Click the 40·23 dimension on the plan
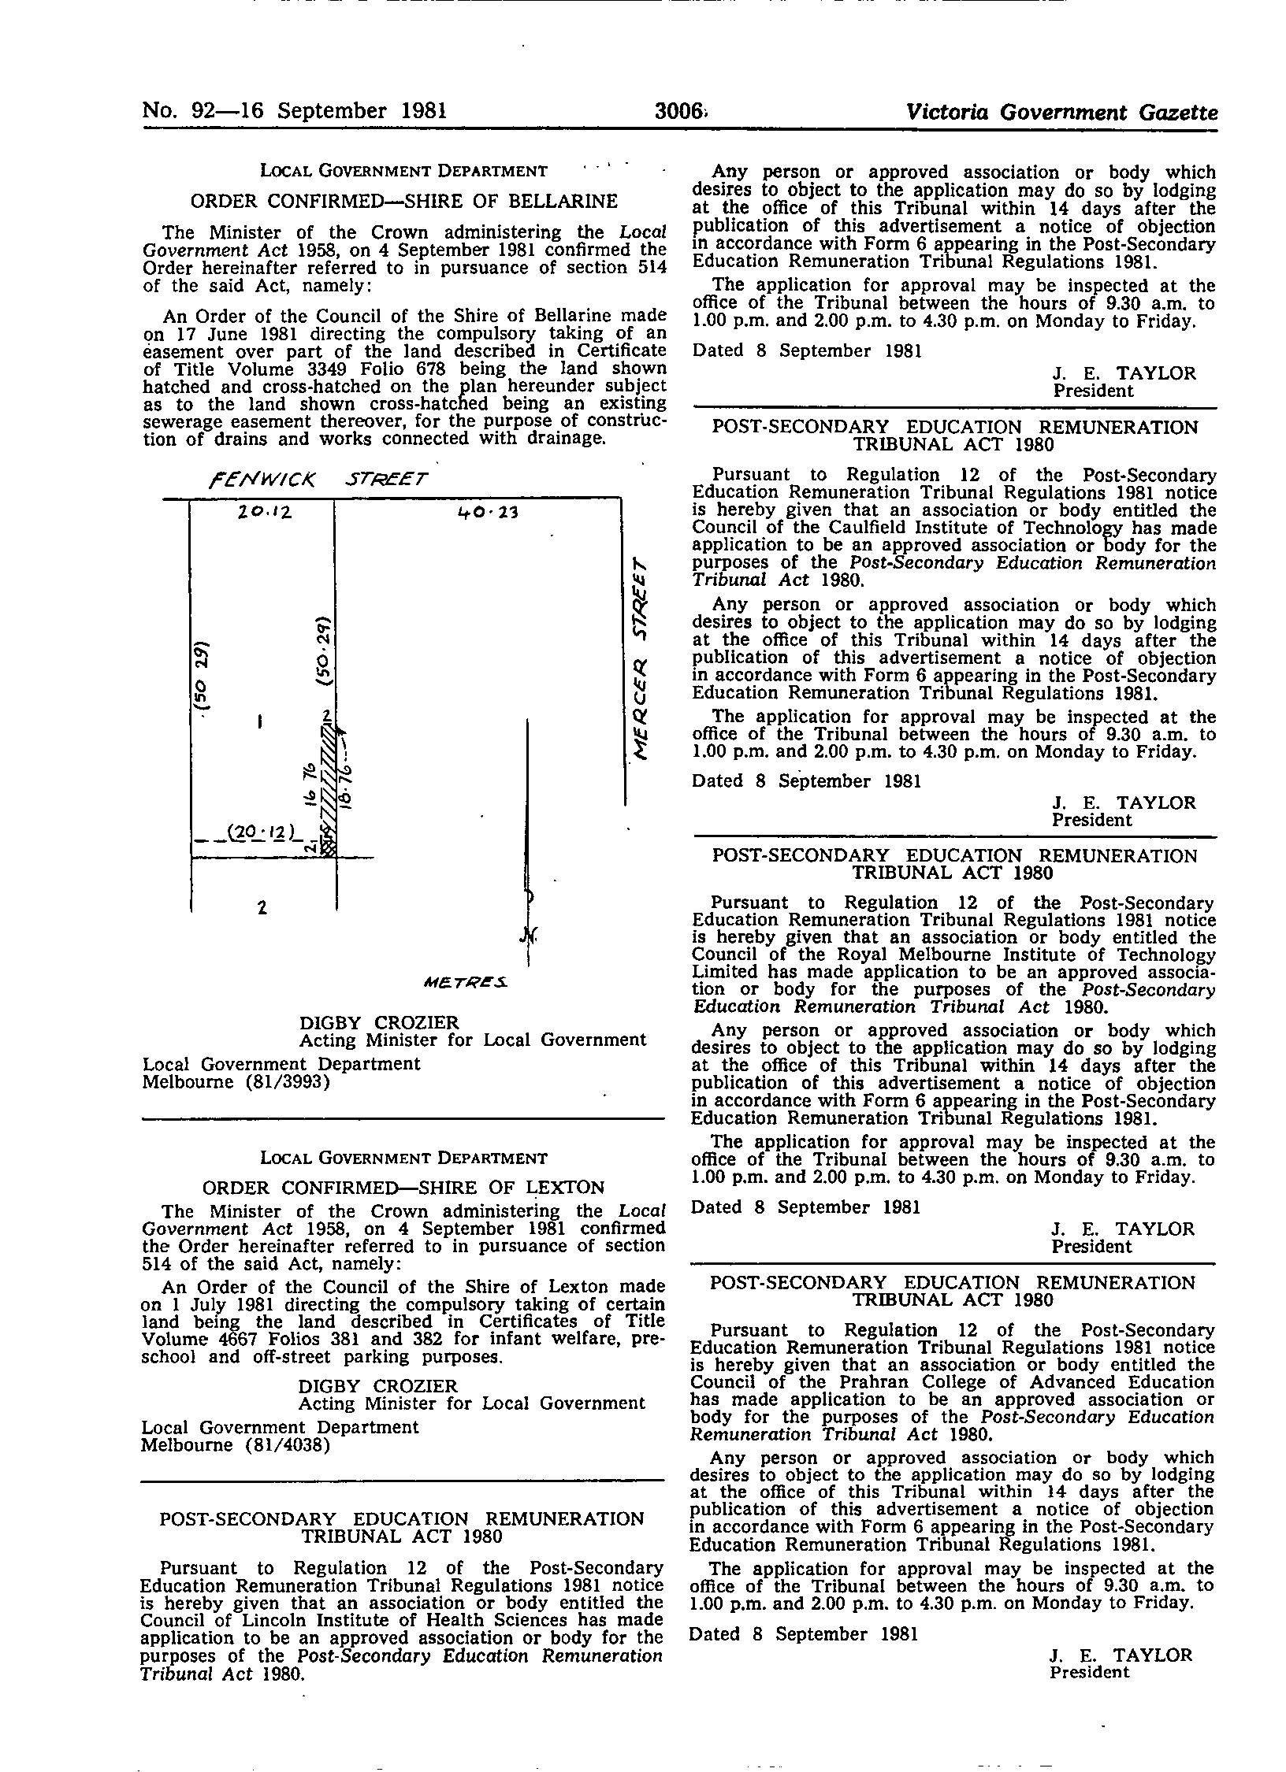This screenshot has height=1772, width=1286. (483, 513)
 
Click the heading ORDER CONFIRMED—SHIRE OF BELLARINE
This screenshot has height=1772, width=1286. (403, 202)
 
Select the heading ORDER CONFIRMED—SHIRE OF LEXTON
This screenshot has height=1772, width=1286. (403, 1187)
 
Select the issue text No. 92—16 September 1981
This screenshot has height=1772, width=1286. (295, 111)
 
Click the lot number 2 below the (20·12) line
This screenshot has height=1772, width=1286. (262, 908)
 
